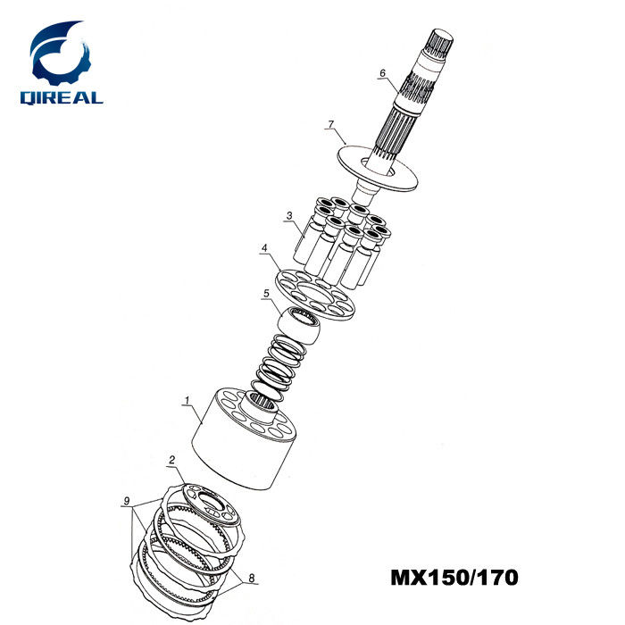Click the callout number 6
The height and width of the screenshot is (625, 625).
(x=383, y=73)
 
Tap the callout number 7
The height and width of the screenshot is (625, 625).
(x=331, y=125)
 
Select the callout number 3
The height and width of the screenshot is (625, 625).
(x=289, y=216)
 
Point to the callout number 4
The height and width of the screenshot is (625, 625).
(x=264, y=248)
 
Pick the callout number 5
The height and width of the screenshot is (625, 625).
(x=266, y=294)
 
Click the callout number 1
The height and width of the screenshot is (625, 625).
(x=187, y=400)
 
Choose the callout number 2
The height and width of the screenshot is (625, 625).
(x=171, y=460)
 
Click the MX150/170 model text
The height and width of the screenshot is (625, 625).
(x=454, y=578)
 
